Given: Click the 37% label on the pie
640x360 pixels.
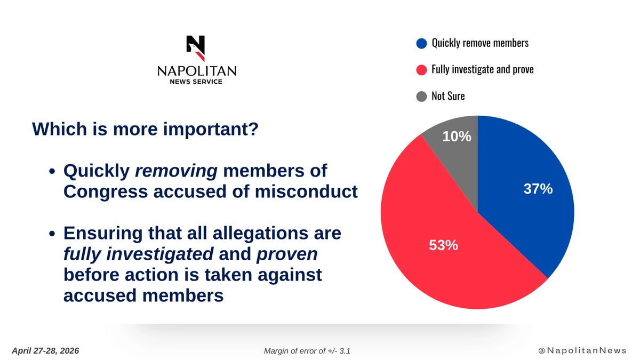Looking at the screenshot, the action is click(x=538, y=189).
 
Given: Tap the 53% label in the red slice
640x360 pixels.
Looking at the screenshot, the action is click(x=443, y=245).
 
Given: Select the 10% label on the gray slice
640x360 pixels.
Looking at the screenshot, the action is click(x=457, y=137).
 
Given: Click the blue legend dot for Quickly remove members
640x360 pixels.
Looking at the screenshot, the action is click(x=421, y=43).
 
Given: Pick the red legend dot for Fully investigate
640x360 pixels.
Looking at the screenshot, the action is click(x=421, y=70).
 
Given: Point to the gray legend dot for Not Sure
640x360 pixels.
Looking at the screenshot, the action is click(x=421, y=97).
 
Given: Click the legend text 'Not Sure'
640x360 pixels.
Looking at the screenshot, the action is click(x=448, y=96).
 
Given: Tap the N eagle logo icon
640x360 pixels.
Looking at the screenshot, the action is click(x=196, y=49).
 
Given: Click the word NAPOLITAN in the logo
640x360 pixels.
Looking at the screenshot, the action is click(x=197, y=71).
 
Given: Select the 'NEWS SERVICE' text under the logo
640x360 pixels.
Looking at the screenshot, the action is click(x=196, y=82).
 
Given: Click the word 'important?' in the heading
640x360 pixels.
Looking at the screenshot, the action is click(x=211, y=129).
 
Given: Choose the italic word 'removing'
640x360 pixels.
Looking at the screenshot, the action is click(x=177, y=171).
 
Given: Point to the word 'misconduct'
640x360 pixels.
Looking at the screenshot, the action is click(x=306, y=191).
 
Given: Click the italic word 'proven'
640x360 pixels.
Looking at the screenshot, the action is click(x=287, y=254).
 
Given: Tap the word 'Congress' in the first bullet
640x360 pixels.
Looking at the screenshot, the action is click(x=106, y=192).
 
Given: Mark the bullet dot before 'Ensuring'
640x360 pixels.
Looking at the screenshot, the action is click(x=52, y=234).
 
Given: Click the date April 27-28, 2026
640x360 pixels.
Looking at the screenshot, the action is click(x=45, y=351).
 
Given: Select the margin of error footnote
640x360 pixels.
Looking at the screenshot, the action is click(x=307, y=351).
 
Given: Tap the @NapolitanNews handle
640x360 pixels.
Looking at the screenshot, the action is click(x=582, y=350).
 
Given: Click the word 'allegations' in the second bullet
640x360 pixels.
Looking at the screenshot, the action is click(x=260, y=234).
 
